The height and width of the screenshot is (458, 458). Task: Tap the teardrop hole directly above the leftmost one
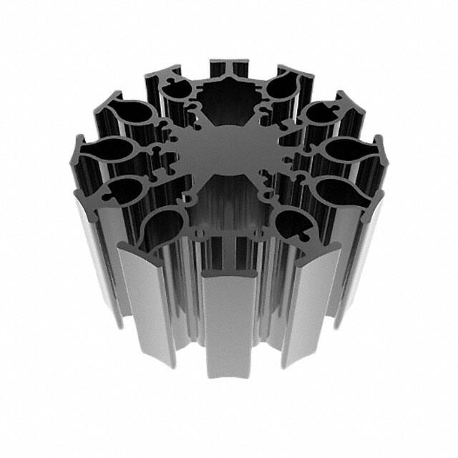[x=132, y=114]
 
